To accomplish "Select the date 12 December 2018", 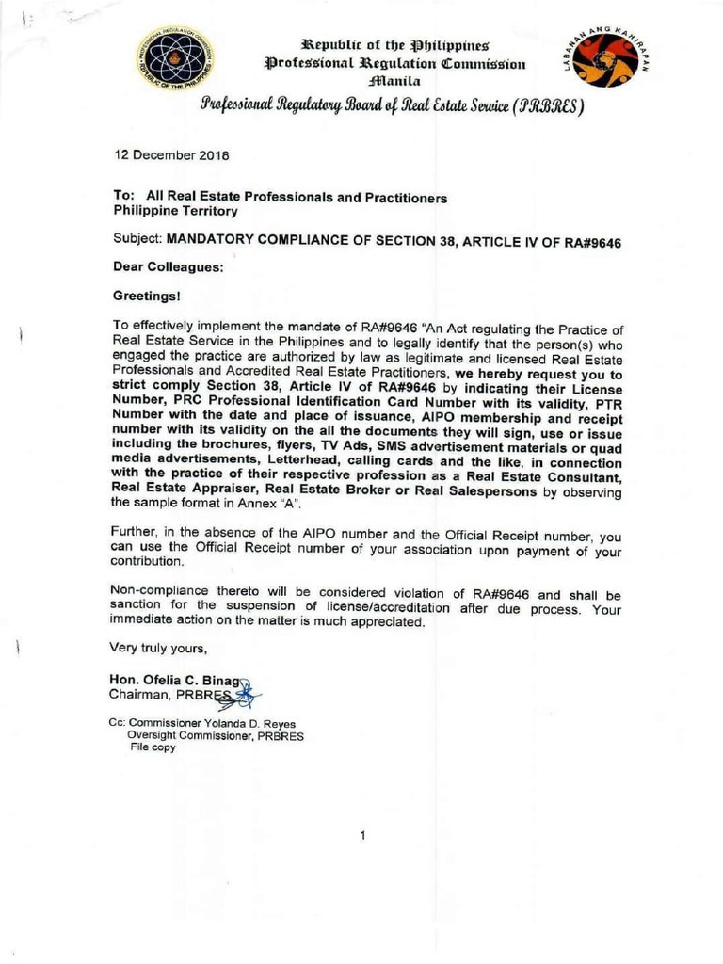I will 171,155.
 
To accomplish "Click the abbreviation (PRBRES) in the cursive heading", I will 536,107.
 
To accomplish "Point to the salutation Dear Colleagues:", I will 168,266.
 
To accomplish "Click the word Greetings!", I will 147,295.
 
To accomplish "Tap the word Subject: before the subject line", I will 137,240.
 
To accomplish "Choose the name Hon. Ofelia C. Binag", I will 176,681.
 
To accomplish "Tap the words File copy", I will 153,747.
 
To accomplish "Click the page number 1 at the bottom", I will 362,834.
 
